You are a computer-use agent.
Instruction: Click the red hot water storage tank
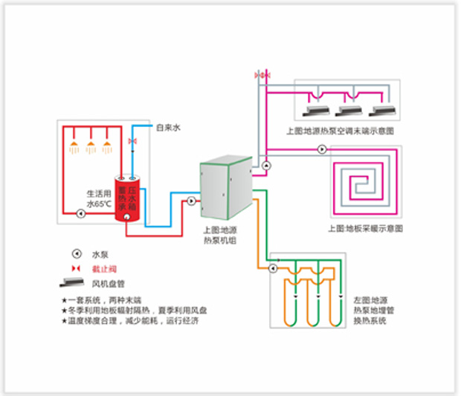click(x=127, y=198)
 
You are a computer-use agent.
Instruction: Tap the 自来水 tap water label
click(x=168, y=128)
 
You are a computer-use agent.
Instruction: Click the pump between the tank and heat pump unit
click(x=191, y=200)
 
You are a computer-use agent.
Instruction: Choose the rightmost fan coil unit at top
click(x=382, y=111)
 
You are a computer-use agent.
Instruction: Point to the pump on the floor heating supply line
click(x=321, y=149)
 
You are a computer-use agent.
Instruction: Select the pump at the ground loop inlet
click(x=274, y=267)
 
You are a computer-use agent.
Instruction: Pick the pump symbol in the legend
click(x=75, y=253)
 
